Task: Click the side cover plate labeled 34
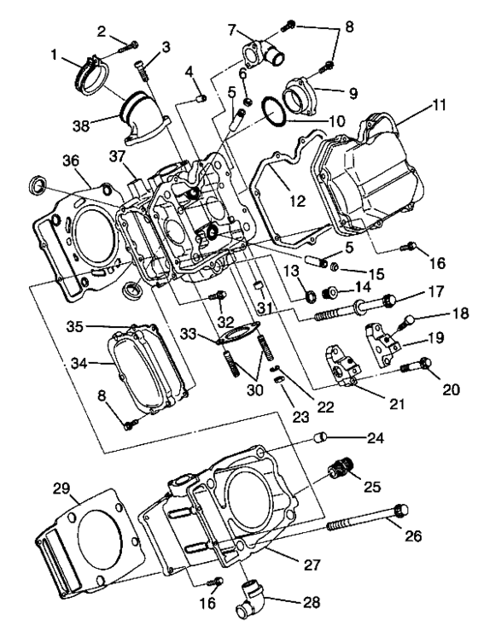click(149, 368)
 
